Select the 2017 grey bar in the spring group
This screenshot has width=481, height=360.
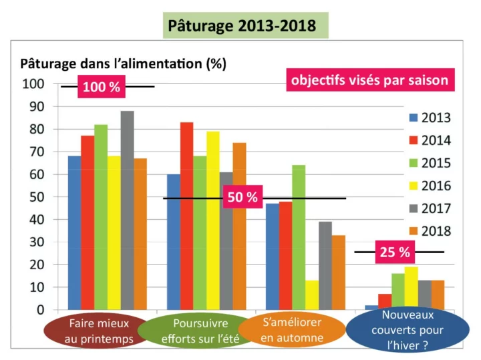pos(127,210)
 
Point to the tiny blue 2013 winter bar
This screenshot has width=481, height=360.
pos(371,307)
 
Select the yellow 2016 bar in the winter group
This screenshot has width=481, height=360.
pos(410,288)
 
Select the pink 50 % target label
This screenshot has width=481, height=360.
pos(243,198)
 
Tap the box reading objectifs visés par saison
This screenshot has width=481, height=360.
pos(368,81)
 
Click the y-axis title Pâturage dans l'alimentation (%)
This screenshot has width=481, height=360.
pos(124,64)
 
